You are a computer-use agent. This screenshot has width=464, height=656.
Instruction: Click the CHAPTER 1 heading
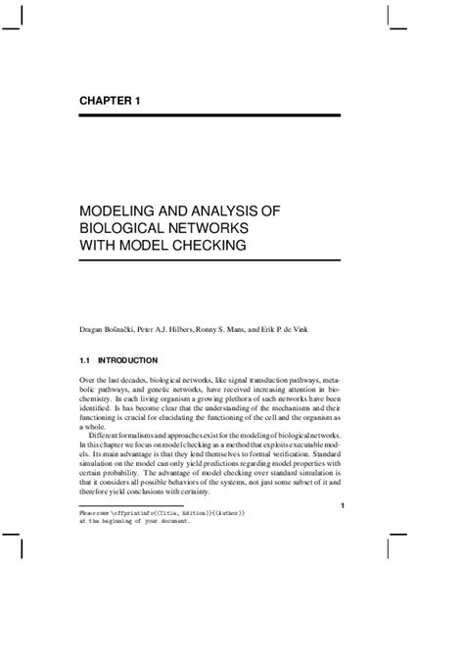[x=113, y=101]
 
